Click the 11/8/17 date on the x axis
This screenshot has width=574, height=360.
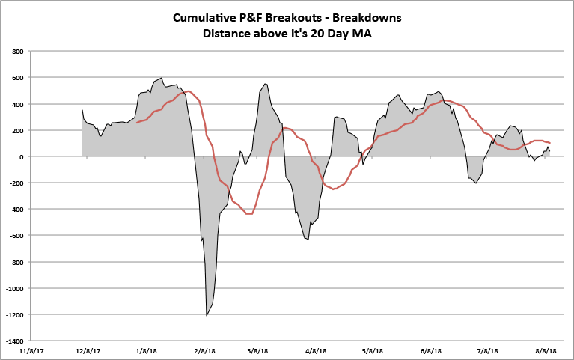pyautogui.click(x=31, y=350)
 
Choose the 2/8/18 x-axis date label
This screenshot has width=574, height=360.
pyautogui.click(x=204, y=350)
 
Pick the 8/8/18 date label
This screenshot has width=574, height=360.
pyautogui.click(x=546, y=350)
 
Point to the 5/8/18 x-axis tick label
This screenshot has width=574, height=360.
pyautogui.click(x=373, y=350)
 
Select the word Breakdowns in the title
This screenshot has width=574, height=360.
pyautogui.click(x=366, y=17)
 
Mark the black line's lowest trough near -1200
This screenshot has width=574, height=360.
pyautogui.click(x=207, y=316)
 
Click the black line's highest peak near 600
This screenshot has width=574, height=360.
pyautogui.click(x=162, y=77)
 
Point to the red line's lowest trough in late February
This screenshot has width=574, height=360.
pyautogui.click(x=249, y=214)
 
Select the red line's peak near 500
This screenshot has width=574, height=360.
pyautogui.click(x=189, y=91)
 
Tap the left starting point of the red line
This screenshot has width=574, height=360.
pyautogui.click(x=137, y=122)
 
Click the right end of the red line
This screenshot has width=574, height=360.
pyautogui.click(x=550, y=143)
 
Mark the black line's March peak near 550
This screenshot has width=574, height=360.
pyautogui.click(x=266, y=84)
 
